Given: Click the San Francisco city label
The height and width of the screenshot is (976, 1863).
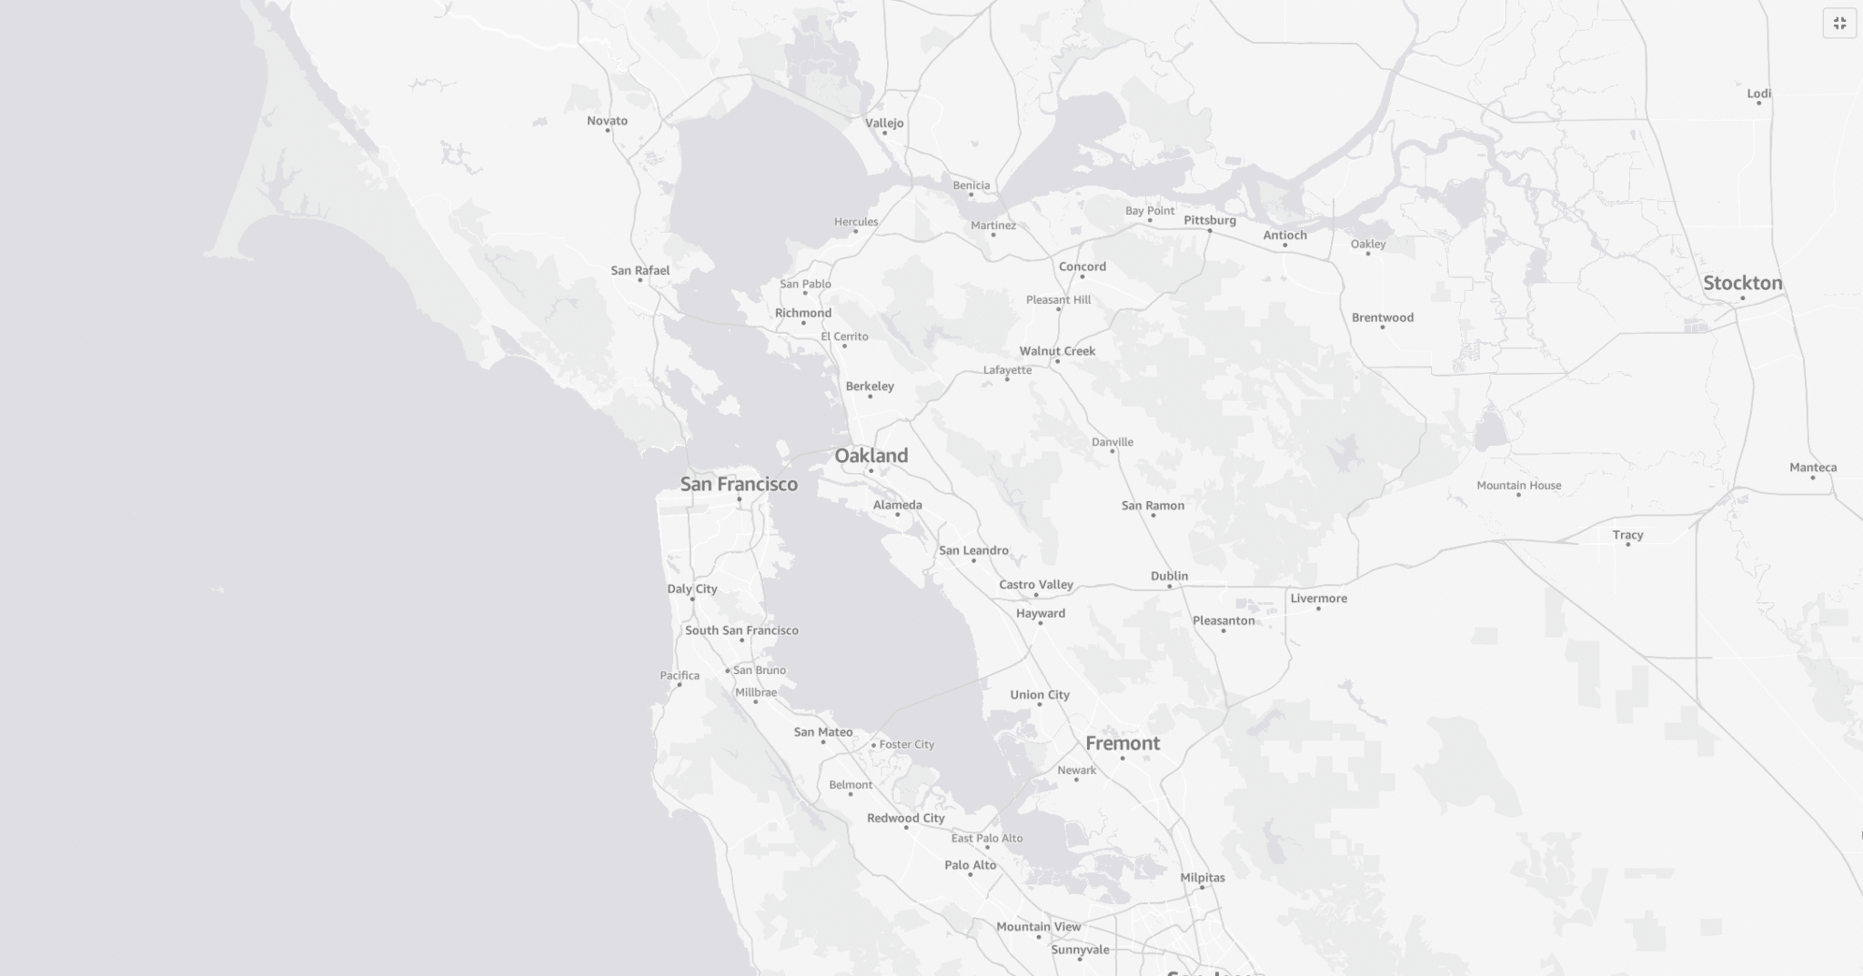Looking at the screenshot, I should (x=739, y=484).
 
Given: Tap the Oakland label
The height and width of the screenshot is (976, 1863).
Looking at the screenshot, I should (x=871, y=456).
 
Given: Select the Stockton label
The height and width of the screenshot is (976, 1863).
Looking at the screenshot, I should (x=1742, y=283).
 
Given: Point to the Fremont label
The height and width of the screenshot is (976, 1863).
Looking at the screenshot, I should (x=1123, y=743).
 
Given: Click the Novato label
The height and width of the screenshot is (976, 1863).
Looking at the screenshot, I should (x=607, y=121).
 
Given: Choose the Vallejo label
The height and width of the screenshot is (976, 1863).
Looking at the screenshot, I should (x=884, y=123).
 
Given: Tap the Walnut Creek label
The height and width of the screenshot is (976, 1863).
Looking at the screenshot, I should (x=1057, y=351).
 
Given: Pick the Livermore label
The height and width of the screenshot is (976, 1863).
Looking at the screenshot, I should (x=1318, y=599).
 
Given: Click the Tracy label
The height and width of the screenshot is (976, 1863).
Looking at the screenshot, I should (x=1627, y=535).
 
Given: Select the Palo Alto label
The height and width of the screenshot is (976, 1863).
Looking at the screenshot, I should (x=970, y=865).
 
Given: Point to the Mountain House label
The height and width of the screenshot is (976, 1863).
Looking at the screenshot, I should (x=1518, y=486).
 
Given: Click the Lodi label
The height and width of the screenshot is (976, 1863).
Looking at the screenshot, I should (x=1758, y=94).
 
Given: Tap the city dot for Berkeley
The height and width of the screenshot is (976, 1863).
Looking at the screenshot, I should (x=870, y=397).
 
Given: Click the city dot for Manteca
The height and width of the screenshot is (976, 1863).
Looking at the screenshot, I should (x=1812, y=478).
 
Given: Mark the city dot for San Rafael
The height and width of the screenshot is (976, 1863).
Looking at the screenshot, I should (x=640, y=280).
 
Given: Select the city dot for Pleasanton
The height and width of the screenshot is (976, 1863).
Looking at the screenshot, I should (x=1224, y=630).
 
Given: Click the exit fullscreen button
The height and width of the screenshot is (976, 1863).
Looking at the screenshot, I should (x=1839, y=24).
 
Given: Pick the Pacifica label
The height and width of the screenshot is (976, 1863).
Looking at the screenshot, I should (x=680, y=676).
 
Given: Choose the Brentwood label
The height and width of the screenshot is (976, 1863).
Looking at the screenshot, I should (x=1382, y=317).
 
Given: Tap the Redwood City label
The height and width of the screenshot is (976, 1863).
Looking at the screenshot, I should (x=905, y=818).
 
